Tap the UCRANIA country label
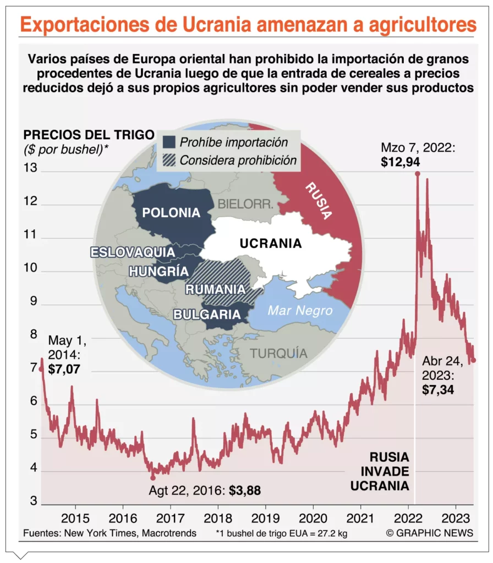(x=270, y=243)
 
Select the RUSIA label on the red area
(x=320, y=201)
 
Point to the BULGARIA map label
(x=207, y=314)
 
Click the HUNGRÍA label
(x=158, y=271)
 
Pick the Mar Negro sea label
(x=300, y=311)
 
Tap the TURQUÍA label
(x=278, y=352)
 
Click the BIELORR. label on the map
(x=245, y=204)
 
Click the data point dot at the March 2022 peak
(x=418, y=174)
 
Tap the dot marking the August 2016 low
(x=153, y=477)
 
